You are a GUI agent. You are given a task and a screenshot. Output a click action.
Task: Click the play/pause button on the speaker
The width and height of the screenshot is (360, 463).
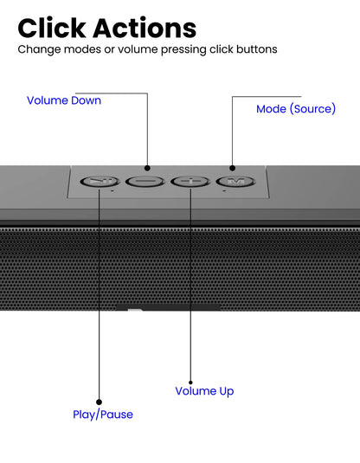100,181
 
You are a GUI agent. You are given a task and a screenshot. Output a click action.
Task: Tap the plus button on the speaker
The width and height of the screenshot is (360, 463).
190,181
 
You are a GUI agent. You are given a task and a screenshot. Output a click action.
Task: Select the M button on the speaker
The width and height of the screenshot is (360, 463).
235,181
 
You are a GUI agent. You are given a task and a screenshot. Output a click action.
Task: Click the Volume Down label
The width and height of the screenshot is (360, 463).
64,100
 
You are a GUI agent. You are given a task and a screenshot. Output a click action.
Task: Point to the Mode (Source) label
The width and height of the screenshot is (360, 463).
296,109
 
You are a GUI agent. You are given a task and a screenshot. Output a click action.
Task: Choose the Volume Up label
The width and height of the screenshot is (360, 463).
204,391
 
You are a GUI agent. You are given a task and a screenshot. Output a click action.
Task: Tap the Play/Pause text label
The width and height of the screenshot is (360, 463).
103,415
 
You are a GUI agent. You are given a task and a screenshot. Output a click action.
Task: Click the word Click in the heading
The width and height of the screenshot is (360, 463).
52,28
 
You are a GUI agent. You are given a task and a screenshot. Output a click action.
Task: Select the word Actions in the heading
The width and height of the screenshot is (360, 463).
145,28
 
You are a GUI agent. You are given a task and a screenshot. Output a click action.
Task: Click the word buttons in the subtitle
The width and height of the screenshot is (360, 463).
257,49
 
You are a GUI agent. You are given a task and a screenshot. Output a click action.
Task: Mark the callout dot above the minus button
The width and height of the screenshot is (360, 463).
147,168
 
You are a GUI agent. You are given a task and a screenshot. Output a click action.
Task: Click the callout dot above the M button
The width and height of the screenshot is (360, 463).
233,168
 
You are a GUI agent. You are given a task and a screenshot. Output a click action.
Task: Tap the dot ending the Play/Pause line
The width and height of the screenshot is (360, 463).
100,402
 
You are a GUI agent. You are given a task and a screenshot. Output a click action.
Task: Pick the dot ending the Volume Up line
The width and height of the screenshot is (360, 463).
190,383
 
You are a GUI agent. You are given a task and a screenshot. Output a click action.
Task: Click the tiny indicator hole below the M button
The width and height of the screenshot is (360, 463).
224,191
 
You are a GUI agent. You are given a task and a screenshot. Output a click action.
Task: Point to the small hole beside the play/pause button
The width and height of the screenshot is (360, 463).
112,191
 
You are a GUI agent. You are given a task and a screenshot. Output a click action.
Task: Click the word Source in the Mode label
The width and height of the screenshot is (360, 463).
312,109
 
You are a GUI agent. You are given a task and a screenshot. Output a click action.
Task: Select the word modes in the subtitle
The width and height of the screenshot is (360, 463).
82,49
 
